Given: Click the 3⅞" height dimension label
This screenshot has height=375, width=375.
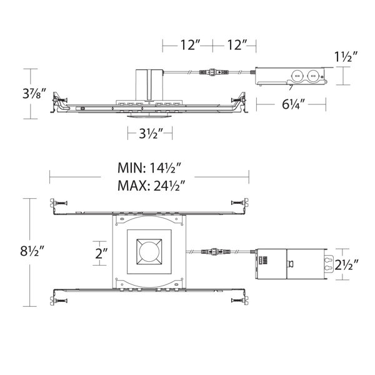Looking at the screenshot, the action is click(x=34, y=94).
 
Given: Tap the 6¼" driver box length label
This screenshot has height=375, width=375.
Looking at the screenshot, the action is click(x=294, y=104).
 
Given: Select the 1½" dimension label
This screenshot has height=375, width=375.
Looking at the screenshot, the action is click(x=346, y=57).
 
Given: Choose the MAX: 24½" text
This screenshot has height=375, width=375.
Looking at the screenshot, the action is click(x=152, y=186).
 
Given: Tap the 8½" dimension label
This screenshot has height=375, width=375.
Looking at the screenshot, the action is click(x=32, y=251).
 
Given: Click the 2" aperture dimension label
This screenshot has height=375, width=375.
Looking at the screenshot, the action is click(x=101, y=253).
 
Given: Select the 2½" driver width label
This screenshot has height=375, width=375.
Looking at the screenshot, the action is click(x=346, y=264).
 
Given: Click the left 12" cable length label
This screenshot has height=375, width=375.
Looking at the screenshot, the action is click(x=190, y=45).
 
